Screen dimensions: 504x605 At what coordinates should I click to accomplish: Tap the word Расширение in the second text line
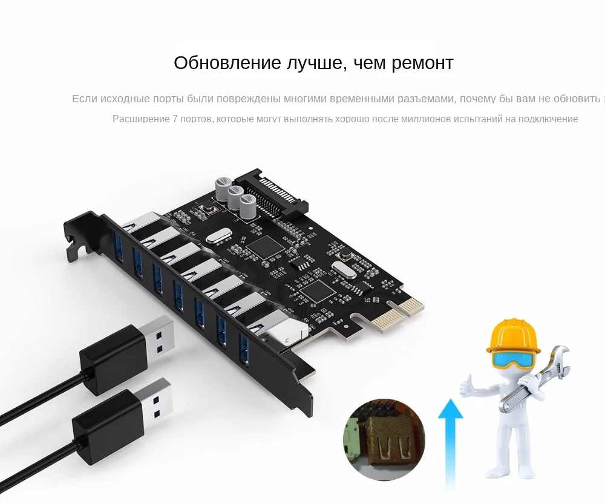[x=141, y=119]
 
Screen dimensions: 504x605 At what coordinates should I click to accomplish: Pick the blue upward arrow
[x=450, y=442]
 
